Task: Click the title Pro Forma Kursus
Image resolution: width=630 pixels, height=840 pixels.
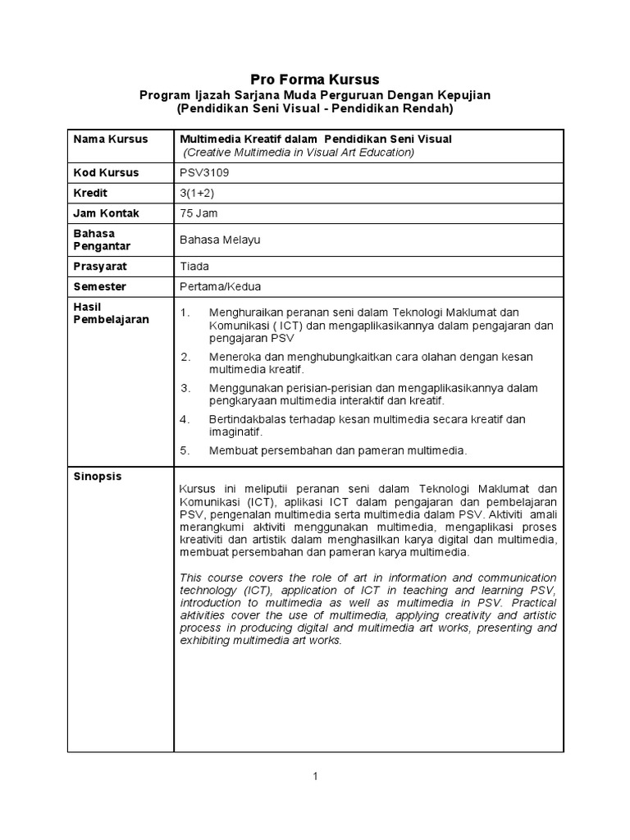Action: click(315, 80)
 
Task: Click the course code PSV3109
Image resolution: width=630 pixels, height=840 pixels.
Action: click(200, 172)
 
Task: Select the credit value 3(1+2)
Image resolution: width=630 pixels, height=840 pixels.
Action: click(197, 193)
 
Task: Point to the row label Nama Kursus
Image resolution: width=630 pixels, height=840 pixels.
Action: click(111, 139)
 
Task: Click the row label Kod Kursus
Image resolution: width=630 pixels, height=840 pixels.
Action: click(107, 172)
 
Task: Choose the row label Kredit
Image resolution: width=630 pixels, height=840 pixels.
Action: click(91, 193)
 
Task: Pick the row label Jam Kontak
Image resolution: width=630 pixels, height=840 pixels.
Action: click(107, 213)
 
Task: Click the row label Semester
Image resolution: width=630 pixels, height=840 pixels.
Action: click(100, 287)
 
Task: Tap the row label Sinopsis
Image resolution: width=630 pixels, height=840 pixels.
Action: click(98, 476)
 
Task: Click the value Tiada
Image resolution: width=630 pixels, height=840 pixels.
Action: click(194, 267)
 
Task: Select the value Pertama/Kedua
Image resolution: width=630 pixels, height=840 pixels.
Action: click(219, 287)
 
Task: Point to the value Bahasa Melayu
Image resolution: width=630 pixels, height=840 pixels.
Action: click(219, 240)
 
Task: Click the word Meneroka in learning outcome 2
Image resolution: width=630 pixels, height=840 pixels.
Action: click(235, 356)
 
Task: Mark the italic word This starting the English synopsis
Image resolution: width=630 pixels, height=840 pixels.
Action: click(190, 578)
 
